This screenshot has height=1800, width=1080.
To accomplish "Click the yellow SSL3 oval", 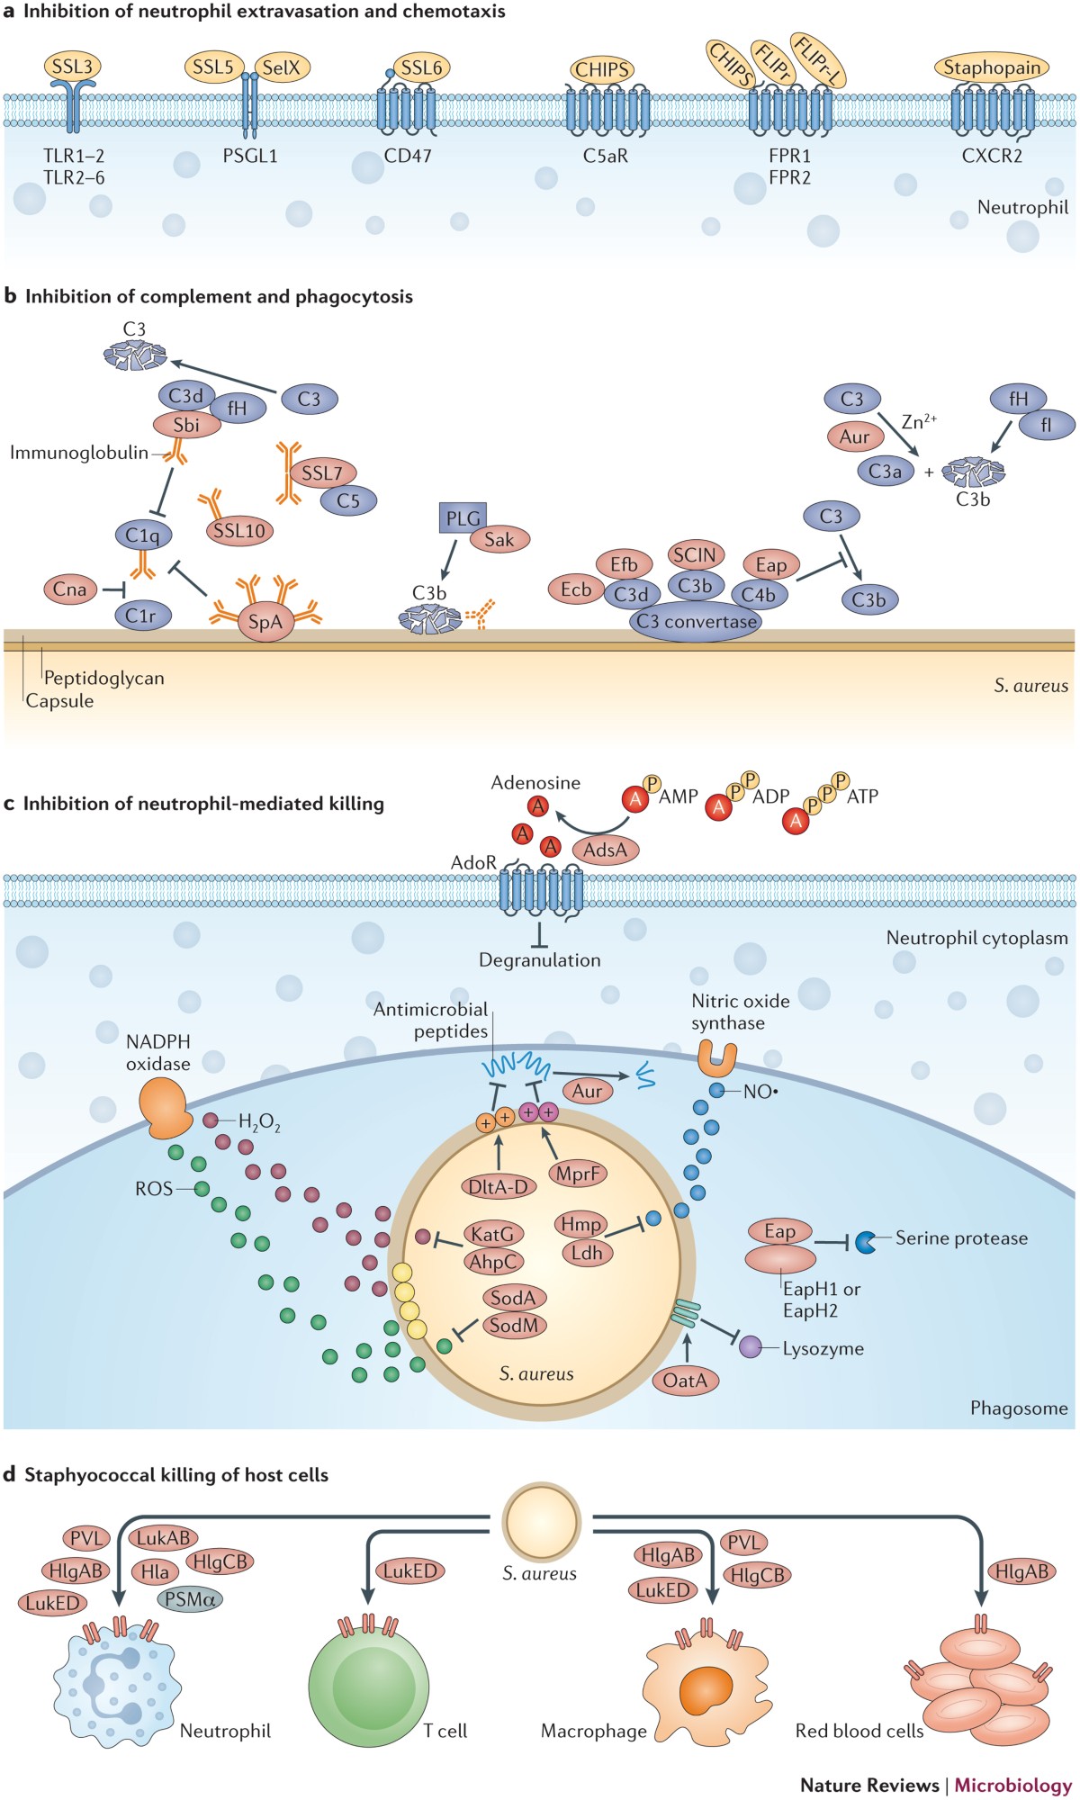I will (72, 67).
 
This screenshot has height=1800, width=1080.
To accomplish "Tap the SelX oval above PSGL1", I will (281, 67).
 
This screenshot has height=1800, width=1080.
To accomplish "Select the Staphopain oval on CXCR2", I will (992, 67).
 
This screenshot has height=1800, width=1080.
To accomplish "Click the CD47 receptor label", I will (408, 156).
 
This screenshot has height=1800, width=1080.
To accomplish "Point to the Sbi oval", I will (186, 425).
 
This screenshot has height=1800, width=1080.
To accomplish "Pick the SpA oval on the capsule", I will (265, 622).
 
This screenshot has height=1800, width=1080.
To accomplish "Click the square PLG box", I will (463, 518).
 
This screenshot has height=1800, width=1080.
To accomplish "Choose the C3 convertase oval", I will (697, 622).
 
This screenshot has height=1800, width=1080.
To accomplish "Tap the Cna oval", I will (69, 589).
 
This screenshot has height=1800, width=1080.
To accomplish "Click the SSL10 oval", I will (239, 531).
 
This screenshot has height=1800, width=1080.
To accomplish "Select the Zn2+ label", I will (919, 421).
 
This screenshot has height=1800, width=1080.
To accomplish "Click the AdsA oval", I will (605, 849).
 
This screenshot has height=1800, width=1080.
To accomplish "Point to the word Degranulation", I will (539, 960).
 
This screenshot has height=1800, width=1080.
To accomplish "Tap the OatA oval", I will (685, 1380).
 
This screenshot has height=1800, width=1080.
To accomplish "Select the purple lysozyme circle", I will (750, 1347).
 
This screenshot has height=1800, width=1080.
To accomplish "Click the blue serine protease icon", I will (866, 1242).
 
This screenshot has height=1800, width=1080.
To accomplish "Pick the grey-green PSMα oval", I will (189, 1599).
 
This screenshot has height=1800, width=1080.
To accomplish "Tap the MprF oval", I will (578, 1174).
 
